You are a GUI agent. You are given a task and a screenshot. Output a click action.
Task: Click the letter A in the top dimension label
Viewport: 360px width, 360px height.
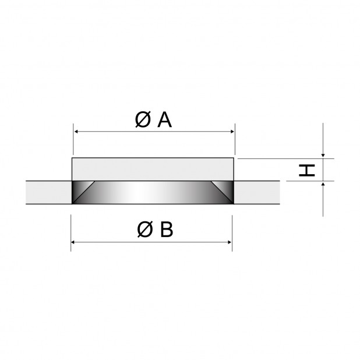pyautogui.click(x=165, y=120)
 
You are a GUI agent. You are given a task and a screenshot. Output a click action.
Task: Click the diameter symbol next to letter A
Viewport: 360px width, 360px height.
pyautogui.click(x=143, y=119)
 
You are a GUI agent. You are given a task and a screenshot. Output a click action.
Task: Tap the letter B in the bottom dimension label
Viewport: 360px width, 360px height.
pyautogui.click(x=167, y=230)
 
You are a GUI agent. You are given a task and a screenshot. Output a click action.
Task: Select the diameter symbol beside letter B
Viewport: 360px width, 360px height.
pyautogui.click(x=145, y=230)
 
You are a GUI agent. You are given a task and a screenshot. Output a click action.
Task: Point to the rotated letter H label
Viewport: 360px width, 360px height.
pyautogui.click(x=307, y=170)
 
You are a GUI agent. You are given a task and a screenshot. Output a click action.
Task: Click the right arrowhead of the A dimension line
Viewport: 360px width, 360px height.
pyautogui.click(x=232, y=132)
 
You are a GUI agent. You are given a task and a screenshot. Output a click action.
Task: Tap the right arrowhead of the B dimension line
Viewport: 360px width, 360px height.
pyautogui.click(x=229, y=242)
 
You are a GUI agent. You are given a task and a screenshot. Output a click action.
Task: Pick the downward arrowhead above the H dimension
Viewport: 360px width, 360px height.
pyautogui.click(x=323, y=156)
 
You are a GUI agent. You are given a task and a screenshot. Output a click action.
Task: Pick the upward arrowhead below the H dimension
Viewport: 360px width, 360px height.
pyautogui.click(x=323, y=184)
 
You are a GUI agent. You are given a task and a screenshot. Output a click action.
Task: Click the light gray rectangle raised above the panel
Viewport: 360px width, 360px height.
pyautogui.click(x=153, y=169)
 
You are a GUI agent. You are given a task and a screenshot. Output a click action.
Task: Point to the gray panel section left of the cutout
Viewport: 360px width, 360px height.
pyautogui.click(x=49, y=192)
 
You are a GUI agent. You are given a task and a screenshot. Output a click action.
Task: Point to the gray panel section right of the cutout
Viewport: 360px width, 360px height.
pyautogui.click(x=257, y=192)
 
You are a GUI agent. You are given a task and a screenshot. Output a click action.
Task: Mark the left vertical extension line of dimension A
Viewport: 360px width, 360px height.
pyautogui.click(x=73, y=139)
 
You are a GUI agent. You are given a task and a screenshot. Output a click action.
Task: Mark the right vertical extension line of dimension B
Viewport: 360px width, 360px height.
pyautogui.click(x=232, y=233)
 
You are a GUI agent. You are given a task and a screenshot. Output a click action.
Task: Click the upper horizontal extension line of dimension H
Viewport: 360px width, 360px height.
pyautogui.click(x=286, y=158)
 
